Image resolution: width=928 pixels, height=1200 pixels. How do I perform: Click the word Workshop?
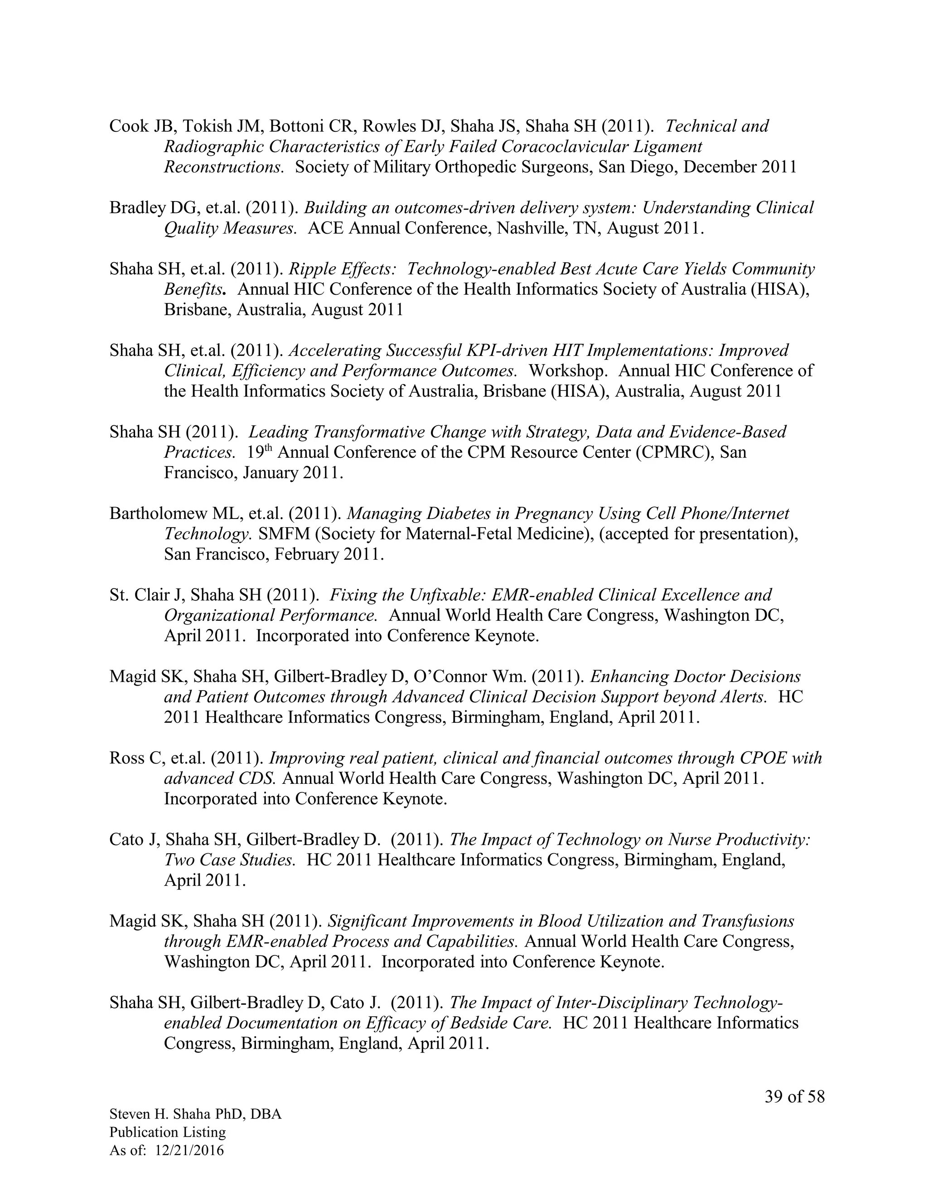point(568,370)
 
